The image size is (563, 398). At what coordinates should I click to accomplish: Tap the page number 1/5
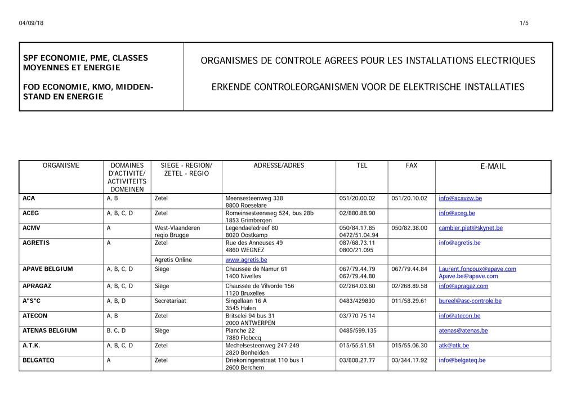[524, 23]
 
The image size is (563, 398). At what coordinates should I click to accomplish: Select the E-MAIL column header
[493, 167]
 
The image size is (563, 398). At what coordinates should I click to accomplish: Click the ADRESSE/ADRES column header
[279, 166]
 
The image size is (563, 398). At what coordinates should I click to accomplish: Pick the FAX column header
[412, 166]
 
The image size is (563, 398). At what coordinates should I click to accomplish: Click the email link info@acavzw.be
[460, 198]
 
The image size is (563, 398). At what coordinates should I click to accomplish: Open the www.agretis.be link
[246, 260]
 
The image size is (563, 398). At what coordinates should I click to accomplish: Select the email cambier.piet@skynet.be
[471, 228]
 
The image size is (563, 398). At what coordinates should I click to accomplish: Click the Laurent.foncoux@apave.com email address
[477, 269]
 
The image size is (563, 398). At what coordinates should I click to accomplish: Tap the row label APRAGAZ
[37, 286]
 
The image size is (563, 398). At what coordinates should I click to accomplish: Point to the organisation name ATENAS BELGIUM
[50, 330]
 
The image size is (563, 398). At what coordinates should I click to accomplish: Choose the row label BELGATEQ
[38, 360]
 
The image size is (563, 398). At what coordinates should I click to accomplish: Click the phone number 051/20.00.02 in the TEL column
[357, 198]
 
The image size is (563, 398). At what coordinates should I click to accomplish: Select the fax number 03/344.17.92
[409, 360]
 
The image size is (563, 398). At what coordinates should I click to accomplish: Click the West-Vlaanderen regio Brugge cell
[177, 231]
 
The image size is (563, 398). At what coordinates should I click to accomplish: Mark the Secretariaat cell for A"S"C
[170, 301]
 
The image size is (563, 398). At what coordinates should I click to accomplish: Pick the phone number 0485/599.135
[358, 330]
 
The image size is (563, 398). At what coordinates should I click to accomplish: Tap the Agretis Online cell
[173, 260]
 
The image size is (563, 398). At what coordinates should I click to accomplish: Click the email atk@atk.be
[454, 346]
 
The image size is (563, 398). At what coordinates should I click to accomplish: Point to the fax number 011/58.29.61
[409, 301]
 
